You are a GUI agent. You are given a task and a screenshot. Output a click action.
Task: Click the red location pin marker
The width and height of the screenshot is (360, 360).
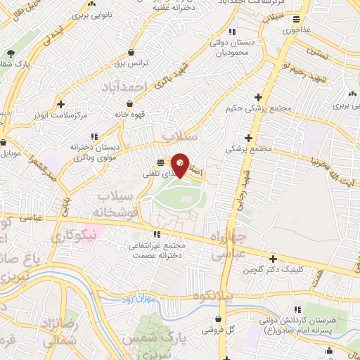[180, 165]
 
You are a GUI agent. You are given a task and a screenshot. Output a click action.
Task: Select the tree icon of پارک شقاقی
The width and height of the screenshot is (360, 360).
[10, 53]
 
